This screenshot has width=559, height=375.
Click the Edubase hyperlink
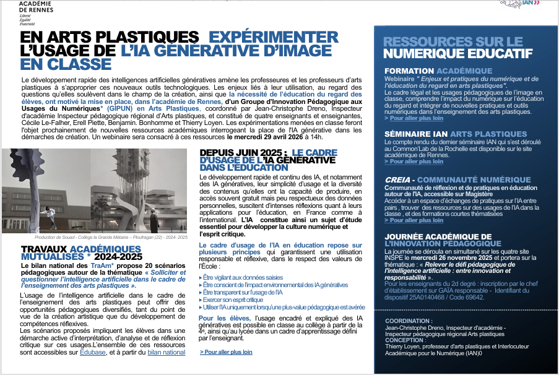pyautogui.click(x=92, y=353)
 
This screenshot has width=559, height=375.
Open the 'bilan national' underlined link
pyautogui.click(x=166, y=353)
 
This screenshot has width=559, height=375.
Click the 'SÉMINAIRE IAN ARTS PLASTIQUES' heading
pyautogui.click(x=456, y=134)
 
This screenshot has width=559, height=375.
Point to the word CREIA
pyautogui.click(x=399, y=180)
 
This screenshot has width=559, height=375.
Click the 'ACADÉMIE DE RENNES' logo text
pyautogui.click(x=36, y=6)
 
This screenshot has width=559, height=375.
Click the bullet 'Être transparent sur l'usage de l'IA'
pyautogui.click(x=243, y=292)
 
